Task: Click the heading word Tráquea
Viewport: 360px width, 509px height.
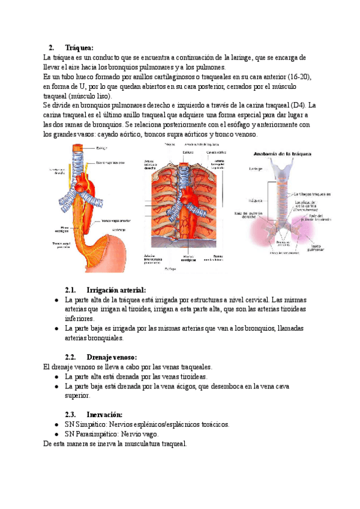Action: [x=80, y=47]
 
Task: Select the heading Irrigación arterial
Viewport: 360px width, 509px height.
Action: [x=116, y=289]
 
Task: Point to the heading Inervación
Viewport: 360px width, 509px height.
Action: [x=105, y=414]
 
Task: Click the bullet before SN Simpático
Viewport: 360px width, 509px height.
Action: [x=56, y=424]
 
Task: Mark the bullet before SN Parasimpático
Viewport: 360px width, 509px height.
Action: [x=56, y=434]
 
